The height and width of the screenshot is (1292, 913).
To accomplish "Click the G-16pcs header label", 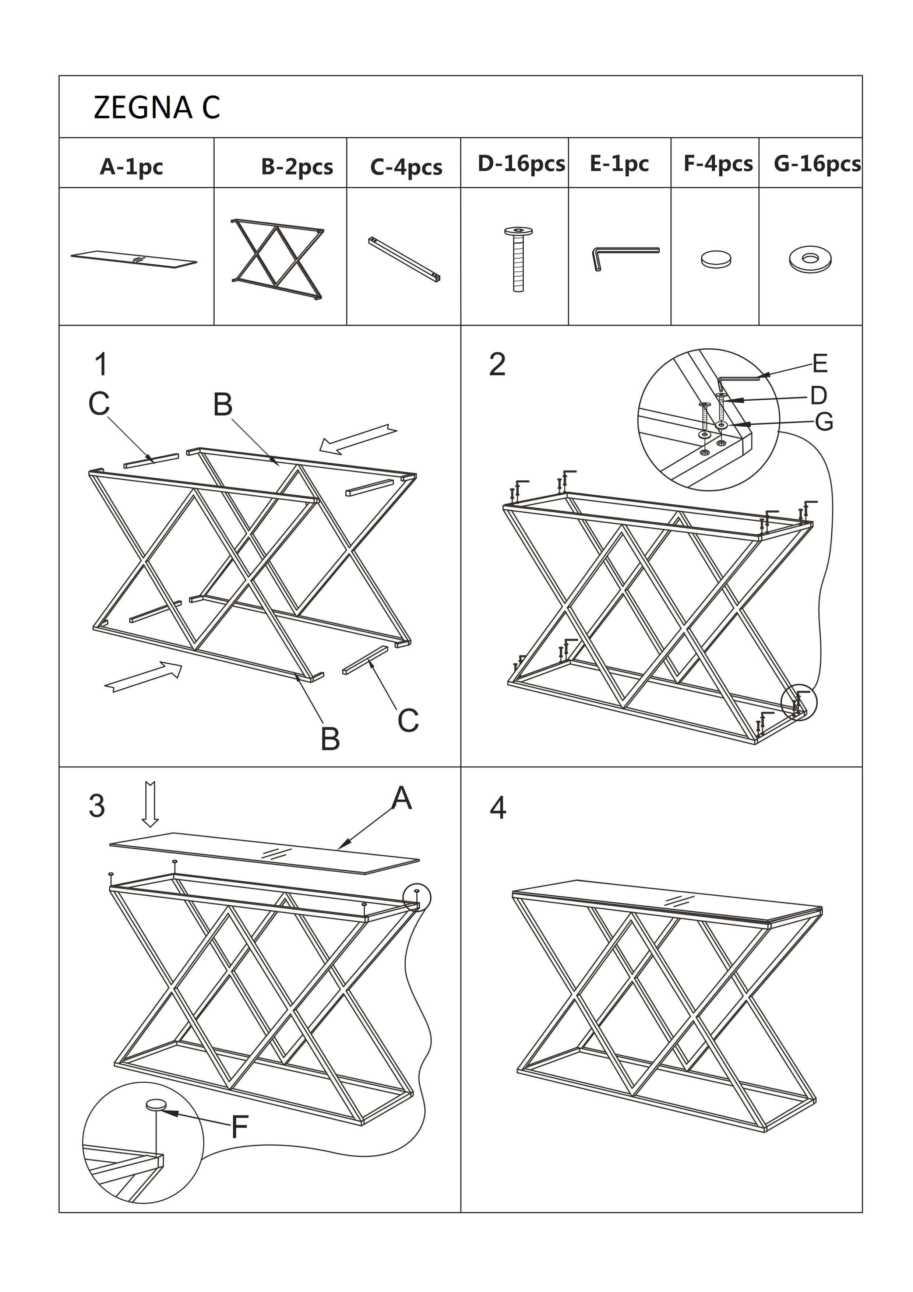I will click(x=817, y=164).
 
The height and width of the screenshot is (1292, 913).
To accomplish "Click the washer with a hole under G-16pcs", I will click(x=810, y=259).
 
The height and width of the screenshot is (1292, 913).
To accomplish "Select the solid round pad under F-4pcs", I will click(x=716, y=259).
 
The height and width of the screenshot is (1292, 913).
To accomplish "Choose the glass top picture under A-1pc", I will click(x=134, y=259).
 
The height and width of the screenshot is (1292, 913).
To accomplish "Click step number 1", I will click(x=101, y=364).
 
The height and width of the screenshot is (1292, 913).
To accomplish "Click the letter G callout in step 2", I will click(x=824, y=421).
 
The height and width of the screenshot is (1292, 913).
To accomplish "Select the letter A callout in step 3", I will click(x=402, y=798).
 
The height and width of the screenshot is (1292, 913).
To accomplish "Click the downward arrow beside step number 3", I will click(x=149, y=804).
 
